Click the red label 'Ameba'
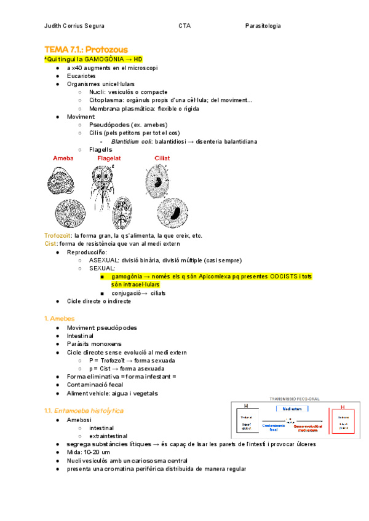[x=63, y=158]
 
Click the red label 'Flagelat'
[x=109, y=158]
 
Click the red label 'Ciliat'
[x=162, y=158]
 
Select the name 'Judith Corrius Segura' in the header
[x=74, y=26]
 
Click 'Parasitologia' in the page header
[x=263, y=26]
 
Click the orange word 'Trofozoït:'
[x=58, y=235]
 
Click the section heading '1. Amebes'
[x=60, y=318]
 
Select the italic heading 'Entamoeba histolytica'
[x=89, y=410]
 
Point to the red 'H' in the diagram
[x=342, y=406]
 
